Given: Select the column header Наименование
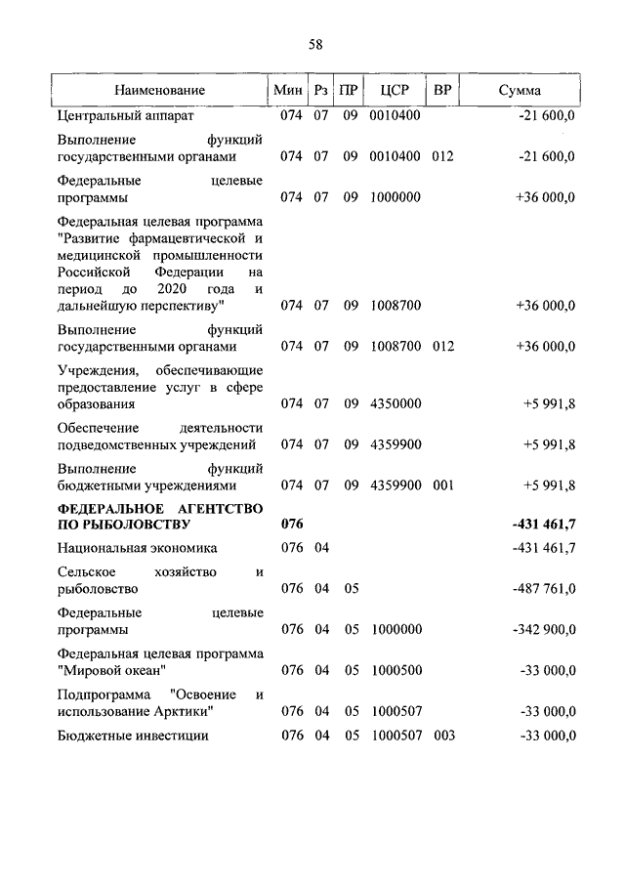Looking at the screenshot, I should (x=159, y=90).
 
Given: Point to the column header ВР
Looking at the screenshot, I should (x=441, y=90).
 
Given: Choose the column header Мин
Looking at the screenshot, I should (x=288, y=90).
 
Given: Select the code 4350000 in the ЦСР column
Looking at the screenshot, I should (x=396, y=403).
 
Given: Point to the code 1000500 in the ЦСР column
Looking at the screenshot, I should (x=396, y=670).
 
